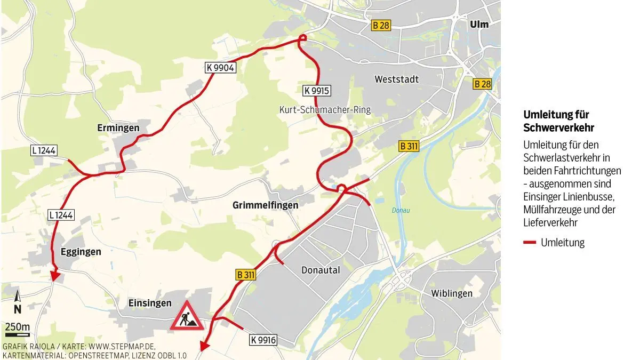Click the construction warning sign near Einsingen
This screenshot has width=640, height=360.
click(187, 316)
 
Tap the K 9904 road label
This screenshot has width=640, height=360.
click(220, 67)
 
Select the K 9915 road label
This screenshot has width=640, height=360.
click(315, 91)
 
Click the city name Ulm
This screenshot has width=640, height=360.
click(478, 24)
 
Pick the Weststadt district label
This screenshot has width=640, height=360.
click(396, 79)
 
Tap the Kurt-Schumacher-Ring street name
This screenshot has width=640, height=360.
click(324, 110)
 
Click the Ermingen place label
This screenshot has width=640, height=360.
click(118, 128)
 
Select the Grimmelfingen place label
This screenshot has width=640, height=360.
click(265, 205)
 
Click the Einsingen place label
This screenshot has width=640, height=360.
click(150, 303)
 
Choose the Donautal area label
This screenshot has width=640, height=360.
click(321, 270)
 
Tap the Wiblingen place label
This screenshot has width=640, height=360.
click(452, 293)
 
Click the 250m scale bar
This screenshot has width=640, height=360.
click(17, 335)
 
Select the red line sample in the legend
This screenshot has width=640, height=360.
click(530, 243)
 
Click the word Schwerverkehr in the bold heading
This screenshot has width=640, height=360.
click(558, 128)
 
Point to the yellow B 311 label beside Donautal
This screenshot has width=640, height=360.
click(245, 275)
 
